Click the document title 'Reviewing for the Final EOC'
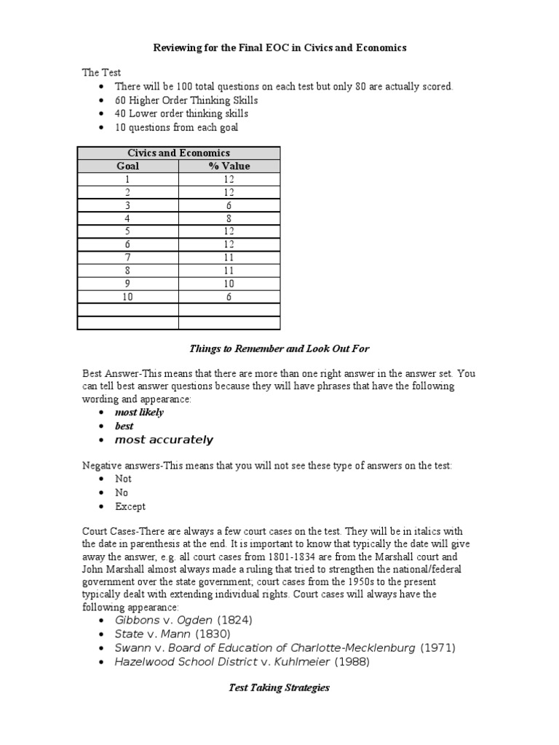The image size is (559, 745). [279, 47]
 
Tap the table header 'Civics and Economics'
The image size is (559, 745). [178, 153]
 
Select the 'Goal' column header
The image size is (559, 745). [128, 166]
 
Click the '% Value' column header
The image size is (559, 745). [229, 166]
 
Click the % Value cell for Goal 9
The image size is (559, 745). [229, 283]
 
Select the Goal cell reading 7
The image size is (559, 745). [128, 257]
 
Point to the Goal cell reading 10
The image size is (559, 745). [128, 297]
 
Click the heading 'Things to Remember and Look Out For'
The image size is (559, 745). [279, 348]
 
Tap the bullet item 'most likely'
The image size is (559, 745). [139, 413]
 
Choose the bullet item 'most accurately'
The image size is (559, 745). [164, 440]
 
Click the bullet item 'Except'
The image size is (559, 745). [130, 506]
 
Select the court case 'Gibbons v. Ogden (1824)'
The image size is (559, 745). [183, 620]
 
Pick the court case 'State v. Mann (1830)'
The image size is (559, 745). [173, 634]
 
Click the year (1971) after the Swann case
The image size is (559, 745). [442, 648]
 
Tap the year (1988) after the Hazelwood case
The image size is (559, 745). [352, 662]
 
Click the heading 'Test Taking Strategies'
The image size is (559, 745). [279, 688]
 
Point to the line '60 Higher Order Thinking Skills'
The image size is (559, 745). [186, 100]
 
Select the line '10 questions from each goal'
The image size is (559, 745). [176, 127]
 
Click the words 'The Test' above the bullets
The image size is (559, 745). [101, 73]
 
